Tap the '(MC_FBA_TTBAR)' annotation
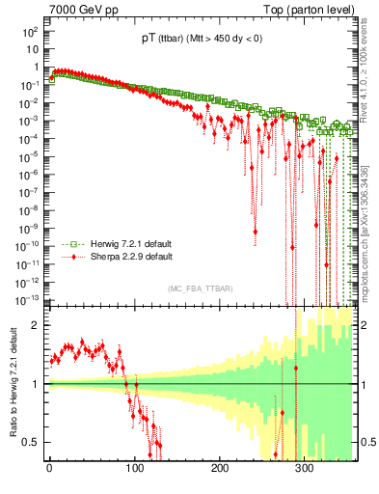click(201, 288)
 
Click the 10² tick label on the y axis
click(31, 31)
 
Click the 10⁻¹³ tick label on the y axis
click(29, 299)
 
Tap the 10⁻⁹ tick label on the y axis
click(31, 228)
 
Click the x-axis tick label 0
click(49, 468)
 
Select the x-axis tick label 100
click(134, 468)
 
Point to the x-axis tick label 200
click(220, 468)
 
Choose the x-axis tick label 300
click(305, 468)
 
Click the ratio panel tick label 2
click(36, 325)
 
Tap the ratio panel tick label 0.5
click(32, 442)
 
